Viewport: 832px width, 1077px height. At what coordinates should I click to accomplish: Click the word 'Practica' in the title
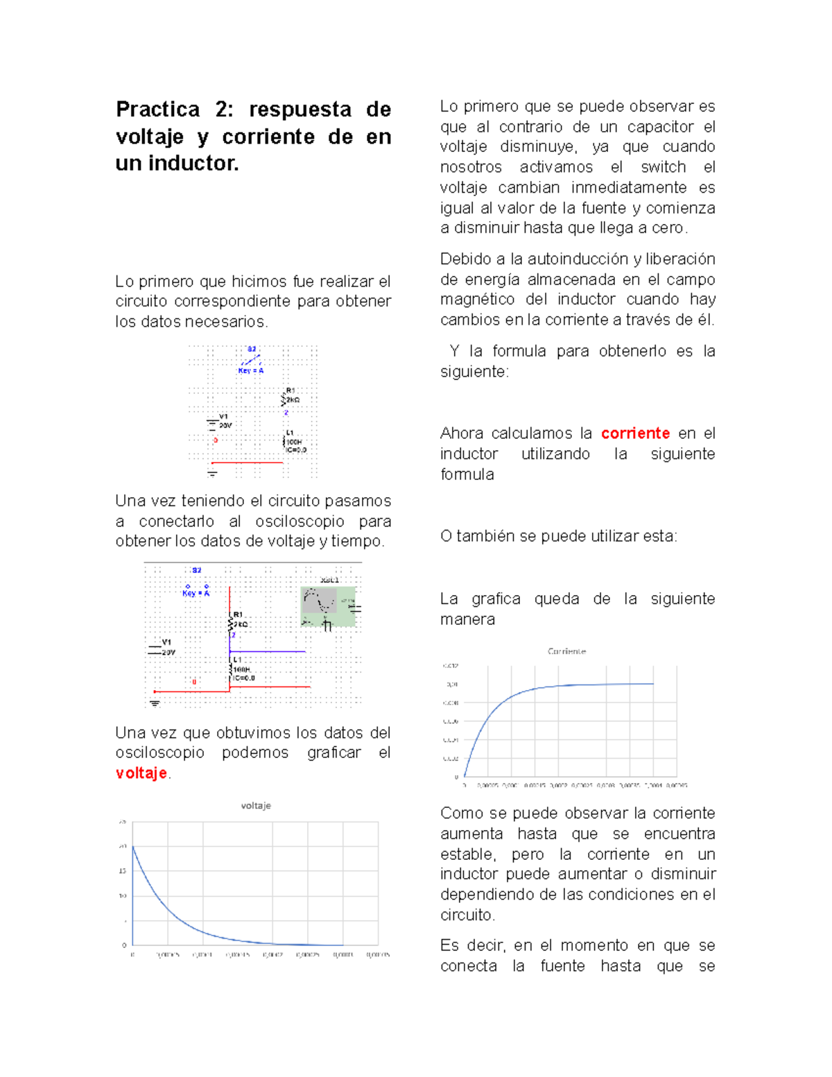(157, 110)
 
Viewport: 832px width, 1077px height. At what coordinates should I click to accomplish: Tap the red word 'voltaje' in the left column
(141, 773)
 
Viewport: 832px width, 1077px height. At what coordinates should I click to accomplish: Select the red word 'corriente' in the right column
(635, 433)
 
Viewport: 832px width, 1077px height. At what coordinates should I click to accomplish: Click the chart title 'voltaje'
(256, 806)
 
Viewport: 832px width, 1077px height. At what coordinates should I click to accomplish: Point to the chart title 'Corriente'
(566, 651)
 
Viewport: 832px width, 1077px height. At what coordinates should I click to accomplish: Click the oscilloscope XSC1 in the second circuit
(327, 605)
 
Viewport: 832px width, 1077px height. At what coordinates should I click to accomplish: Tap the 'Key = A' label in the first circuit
(250, 371)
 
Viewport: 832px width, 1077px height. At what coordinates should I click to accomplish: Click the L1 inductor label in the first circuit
(290, 433)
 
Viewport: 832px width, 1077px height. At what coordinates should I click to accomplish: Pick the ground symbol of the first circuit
(212, 474)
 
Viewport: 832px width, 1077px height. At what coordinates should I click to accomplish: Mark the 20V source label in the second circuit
(168, 653)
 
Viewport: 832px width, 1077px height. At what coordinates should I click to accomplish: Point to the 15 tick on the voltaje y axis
(123, 871)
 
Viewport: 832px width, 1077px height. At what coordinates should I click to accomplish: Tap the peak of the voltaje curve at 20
(133, 847)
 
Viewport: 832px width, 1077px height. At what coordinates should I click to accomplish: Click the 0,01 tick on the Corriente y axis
(451, 684)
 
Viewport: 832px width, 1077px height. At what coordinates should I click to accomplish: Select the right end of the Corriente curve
(653, 684)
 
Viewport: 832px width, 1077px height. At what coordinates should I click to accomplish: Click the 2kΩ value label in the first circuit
(293, 400)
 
